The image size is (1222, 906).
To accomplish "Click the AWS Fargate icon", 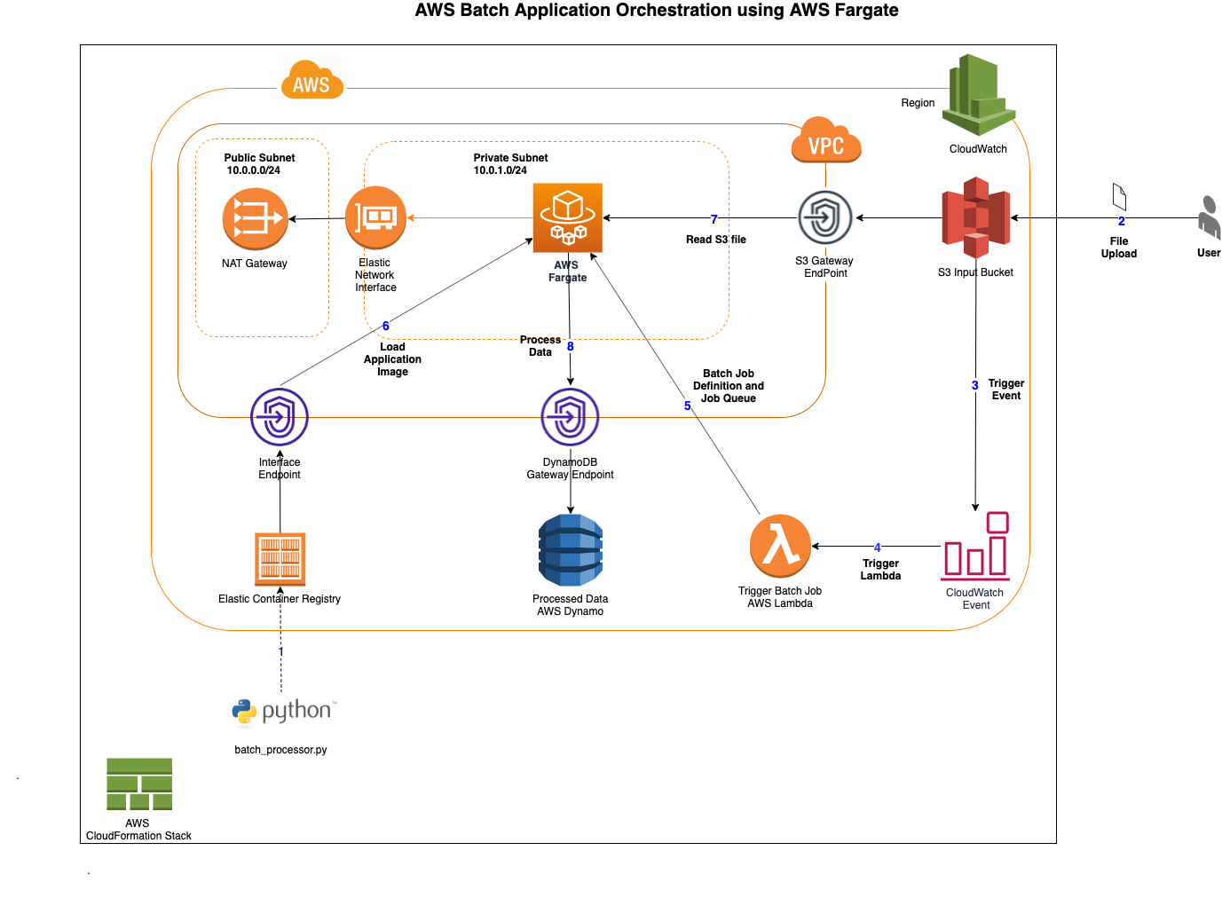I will coord(567,218).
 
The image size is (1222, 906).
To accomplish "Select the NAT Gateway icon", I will coord(255,218).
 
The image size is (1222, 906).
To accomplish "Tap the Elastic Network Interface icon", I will coord(375,217).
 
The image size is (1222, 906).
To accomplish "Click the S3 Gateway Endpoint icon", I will coord(825,217).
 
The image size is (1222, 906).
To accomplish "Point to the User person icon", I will coord(1209,218).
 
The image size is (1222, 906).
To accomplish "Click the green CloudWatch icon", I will coord(978,95).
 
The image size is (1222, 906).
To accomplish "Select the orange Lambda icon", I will coord(780,546).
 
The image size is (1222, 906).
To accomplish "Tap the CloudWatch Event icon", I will coord(975,547).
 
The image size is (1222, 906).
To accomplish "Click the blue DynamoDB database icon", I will coord(571,550).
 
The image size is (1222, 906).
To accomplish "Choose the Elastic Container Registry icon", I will coord(280,559).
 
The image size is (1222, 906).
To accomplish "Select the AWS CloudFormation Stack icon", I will coord(139,784).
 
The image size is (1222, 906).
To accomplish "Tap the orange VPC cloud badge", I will coord(826,141).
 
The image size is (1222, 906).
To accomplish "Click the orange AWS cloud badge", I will coord(311,82).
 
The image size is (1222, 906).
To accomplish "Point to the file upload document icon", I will coord(1119,197).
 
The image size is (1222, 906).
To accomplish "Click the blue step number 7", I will coord(713,219).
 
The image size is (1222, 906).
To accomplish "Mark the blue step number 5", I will coord(687,406).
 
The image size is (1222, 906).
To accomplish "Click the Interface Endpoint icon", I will coord(280,417).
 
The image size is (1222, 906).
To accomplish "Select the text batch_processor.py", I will coord(280,750).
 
